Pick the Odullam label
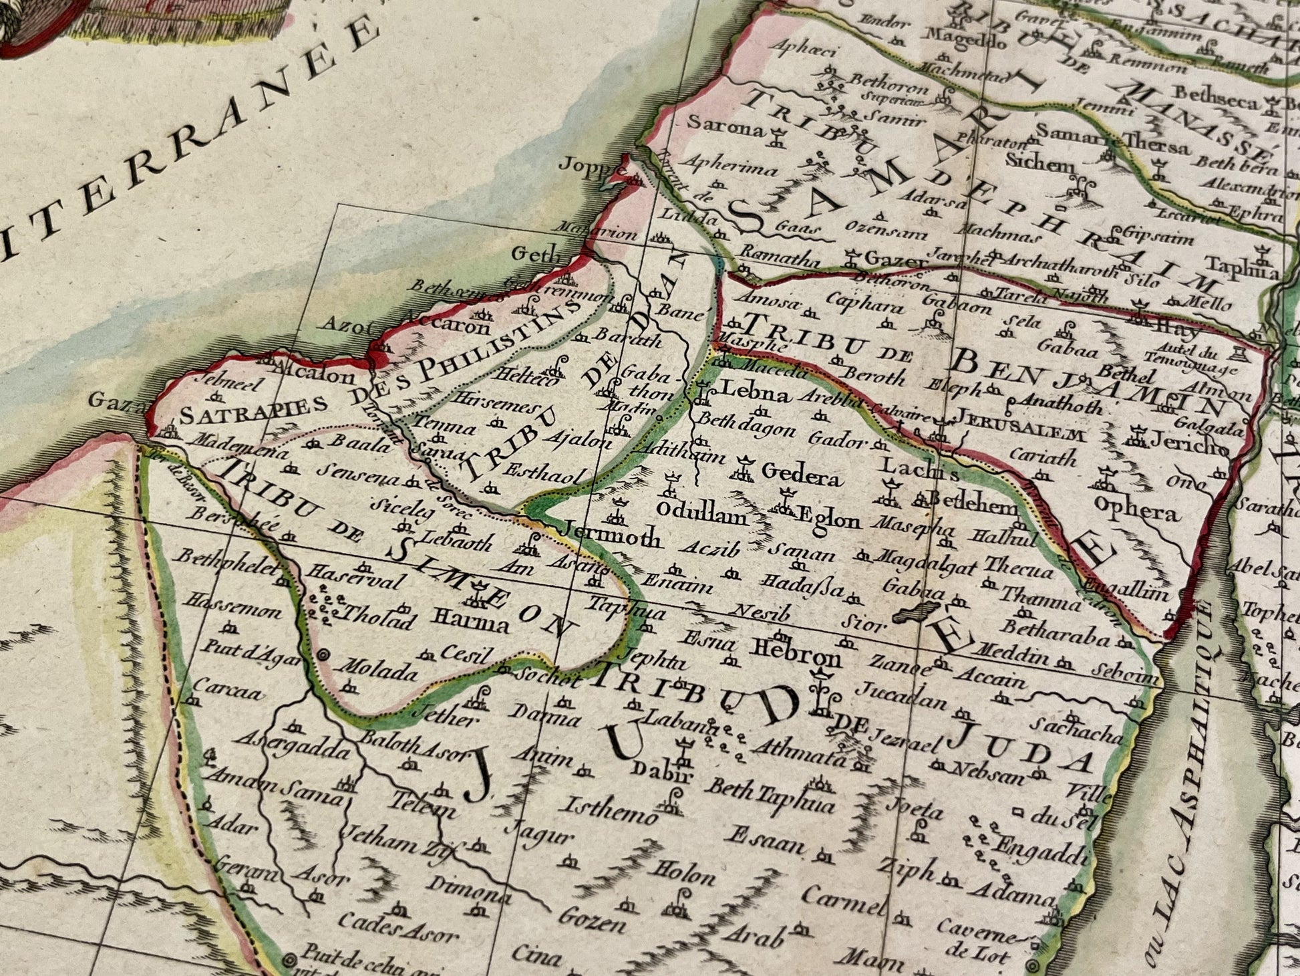[x=701, y=512]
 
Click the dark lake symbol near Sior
[x=915, y=612]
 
